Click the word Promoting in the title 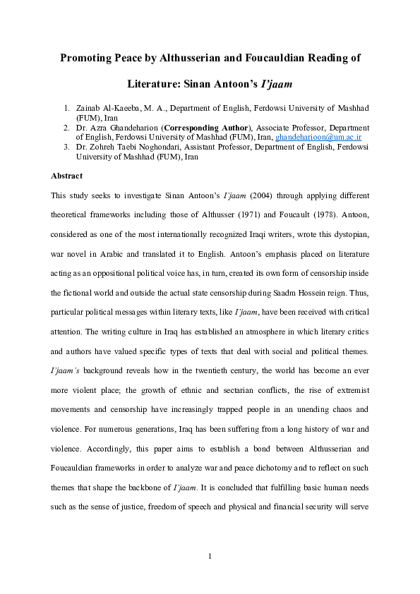pyautogui.click(x=88, y=59)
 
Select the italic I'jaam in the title pyautogui.click(x=277, y=84)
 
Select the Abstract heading pyautogui.click(x=67, y=175)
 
